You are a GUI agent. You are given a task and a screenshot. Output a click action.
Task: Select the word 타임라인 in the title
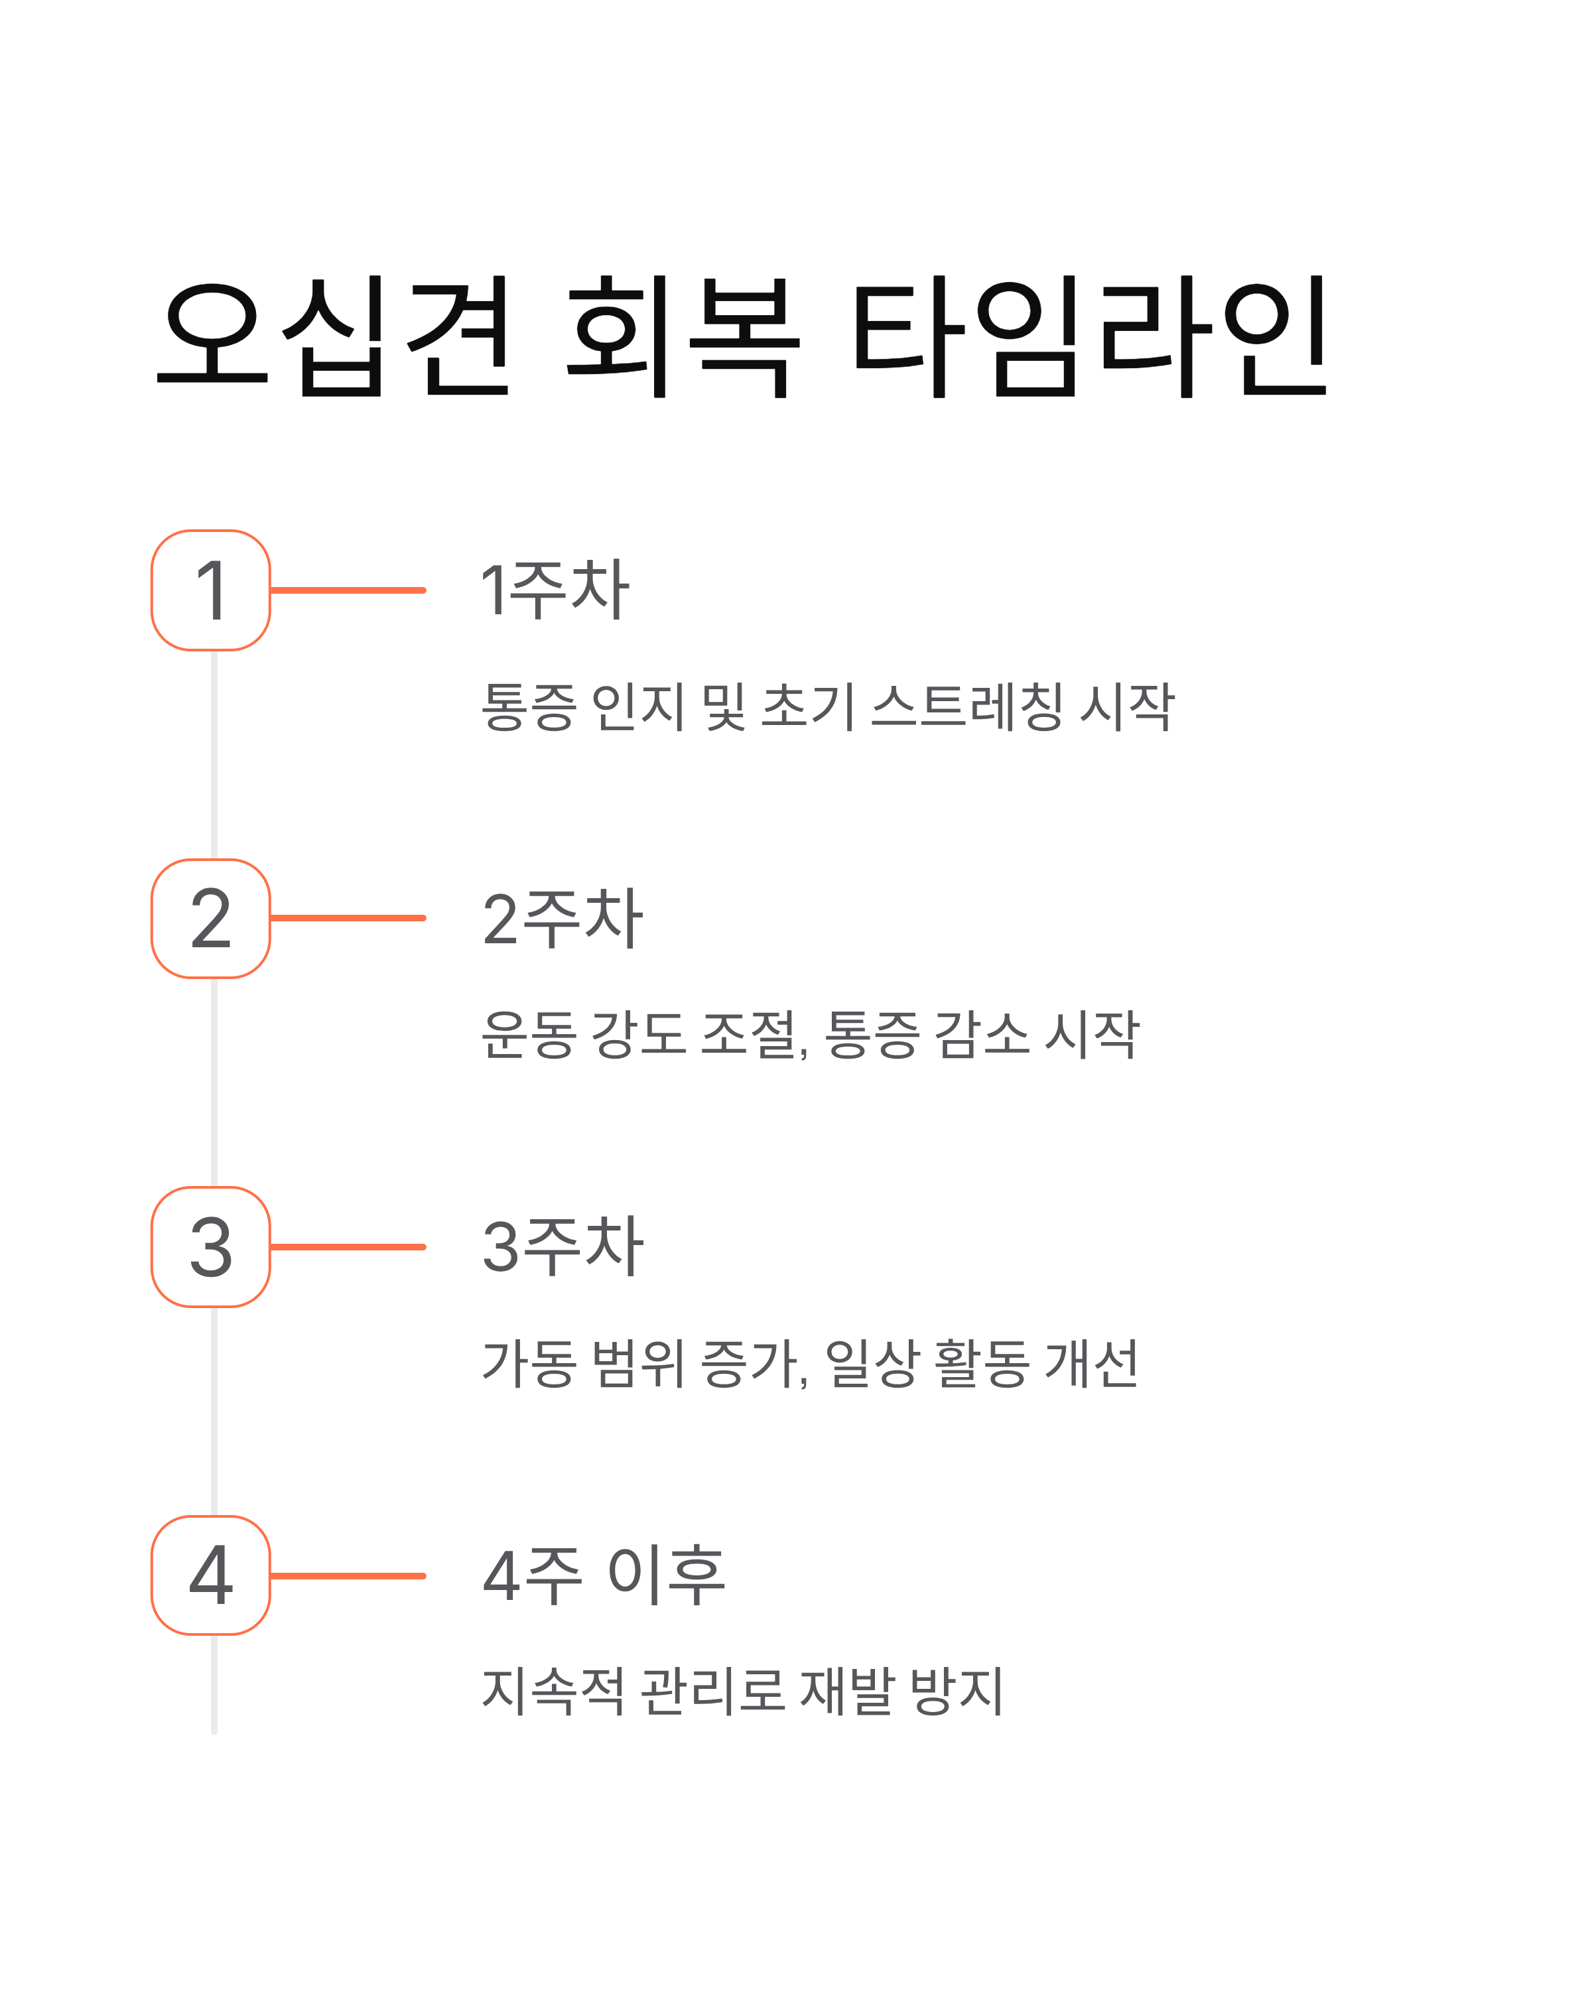[1089, 337]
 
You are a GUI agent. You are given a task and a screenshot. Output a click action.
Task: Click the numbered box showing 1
[210, 591]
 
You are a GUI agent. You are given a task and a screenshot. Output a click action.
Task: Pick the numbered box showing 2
[210, 919]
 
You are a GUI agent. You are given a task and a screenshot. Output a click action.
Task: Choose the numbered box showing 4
[210, 1575]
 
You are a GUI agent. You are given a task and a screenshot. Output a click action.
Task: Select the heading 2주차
[562, 919]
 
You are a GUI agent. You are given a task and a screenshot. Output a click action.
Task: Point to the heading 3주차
[562, 1246]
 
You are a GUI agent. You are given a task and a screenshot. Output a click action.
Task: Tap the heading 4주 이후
[604, 1575]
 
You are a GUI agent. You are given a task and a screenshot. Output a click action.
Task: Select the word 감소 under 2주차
[982, 1035]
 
